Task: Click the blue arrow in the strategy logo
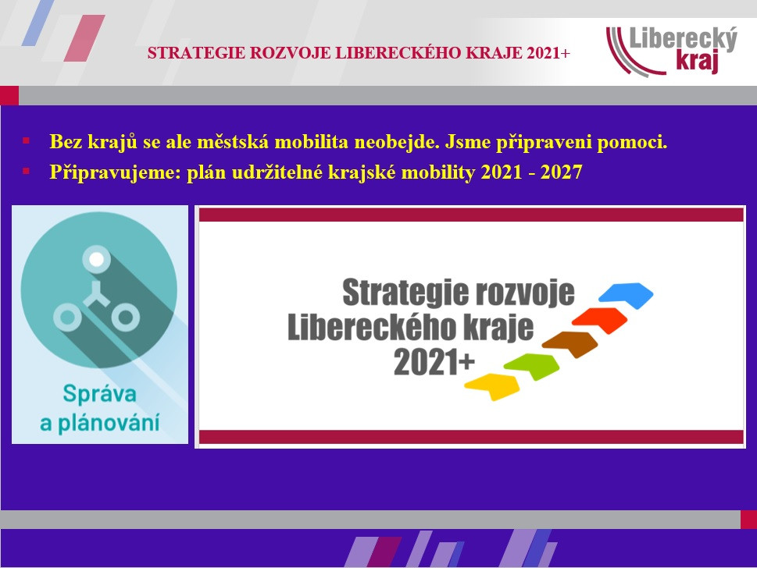627,295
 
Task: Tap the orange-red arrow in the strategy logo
600,320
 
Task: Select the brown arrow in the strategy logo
570,344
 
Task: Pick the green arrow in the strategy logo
532,366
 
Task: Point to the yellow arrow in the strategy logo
492,385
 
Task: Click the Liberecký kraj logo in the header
672,50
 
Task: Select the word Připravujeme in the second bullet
115,172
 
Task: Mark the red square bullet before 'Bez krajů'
26,140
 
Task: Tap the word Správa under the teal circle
99,394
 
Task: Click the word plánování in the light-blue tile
109,424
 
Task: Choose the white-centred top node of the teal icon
97,259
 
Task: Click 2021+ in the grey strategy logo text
434,362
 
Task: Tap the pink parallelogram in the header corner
84,38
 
